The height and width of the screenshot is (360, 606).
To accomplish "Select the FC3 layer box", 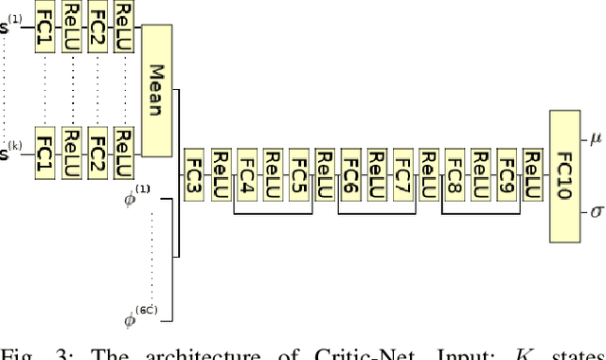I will [x=194, y=175].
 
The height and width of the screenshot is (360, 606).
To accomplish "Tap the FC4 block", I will [x=247, y=175].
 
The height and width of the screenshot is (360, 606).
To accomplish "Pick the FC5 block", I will [x=298, y=175].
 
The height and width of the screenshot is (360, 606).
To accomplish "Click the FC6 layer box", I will [x=350, y=175].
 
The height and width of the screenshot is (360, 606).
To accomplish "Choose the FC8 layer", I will [x=454, y=175].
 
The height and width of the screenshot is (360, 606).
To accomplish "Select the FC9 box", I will [x=506, y=175].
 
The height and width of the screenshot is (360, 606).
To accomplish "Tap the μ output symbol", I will [x=596, y=139].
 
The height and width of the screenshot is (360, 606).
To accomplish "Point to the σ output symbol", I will [x=596, y=211].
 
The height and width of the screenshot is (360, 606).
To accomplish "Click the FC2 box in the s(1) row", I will [x=97, y=27].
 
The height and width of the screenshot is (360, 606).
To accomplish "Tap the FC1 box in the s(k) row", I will [x=44, y=149].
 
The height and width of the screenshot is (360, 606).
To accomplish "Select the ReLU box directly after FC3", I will [x=221, y=175].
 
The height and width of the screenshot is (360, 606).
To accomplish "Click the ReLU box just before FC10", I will [x=532, y=175].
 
